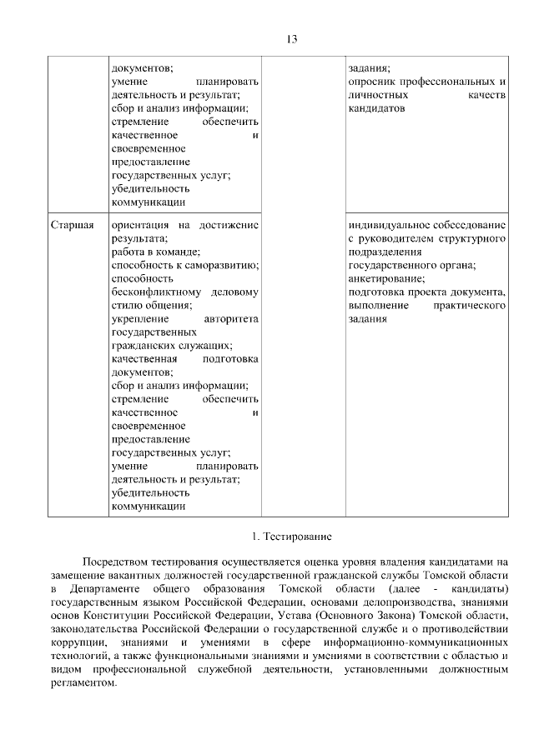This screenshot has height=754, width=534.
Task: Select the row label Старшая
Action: (71, 225)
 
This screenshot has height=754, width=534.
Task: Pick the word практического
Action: (470, 306)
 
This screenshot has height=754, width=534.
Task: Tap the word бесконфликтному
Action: (156, 292)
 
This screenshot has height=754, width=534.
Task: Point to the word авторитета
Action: (231, 319)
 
